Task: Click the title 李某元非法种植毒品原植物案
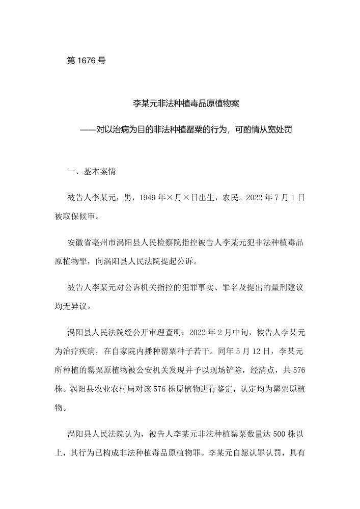[x=186, y=103]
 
